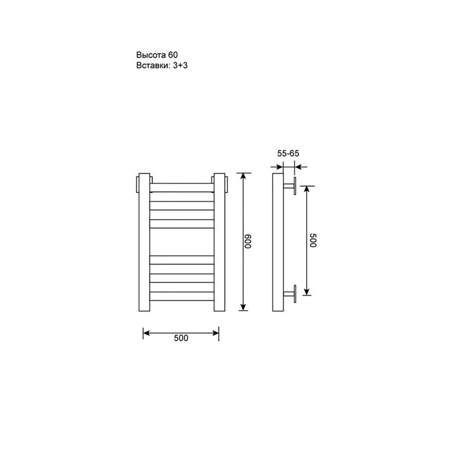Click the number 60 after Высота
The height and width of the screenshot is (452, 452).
tap(173, 55)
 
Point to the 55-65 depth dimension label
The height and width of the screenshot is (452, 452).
tap(288, 153)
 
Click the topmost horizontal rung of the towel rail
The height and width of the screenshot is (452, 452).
tap(181, 187)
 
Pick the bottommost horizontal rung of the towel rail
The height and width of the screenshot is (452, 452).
tap(181, 296)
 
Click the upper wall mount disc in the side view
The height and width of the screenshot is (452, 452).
tap(294, 186)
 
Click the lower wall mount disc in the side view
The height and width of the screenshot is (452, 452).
tap(294, 294)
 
